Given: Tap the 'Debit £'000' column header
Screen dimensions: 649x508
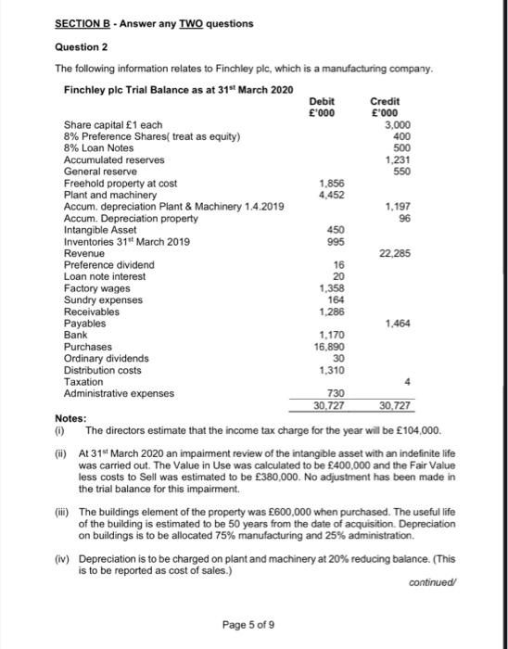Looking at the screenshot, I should (x=319, y=107).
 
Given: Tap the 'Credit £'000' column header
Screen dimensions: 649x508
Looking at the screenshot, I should (x=383, y=107).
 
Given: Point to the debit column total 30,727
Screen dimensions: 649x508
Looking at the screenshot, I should (x=319, y=407).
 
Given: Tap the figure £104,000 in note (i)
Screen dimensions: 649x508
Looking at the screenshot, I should (x=417, y=431).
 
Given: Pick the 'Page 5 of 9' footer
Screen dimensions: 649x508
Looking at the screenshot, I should (x=248, y=623).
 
